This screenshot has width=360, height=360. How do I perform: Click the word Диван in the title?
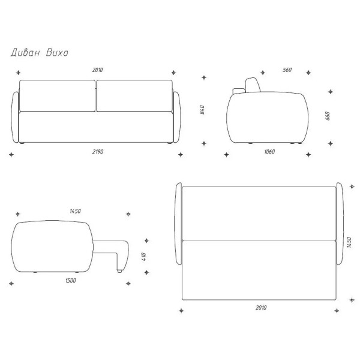click(x=25, y=53)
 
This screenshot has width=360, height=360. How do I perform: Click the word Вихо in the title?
click(x=57, y=53)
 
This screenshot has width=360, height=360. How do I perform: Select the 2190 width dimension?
click(x=98, y=152)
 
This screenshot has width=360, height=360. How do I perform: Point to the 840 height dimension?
click(x=202, y=110)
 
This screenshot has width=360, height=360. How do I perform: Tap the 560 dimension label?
click(x=287, y=70)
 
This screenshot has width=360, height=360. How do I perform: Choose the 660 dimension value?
click(x=328, y=116)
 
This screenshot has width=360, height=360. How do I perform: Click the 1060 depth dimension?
click(x=269, y=152)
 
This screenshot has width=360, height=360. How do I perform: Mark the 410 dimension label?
click(x=144, y=257)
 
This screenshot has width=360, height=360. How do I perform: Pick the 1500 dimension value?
click(x=71, y=281)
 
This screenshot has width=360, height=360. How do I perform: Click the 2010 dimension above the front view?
click(x=98, y=70)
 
